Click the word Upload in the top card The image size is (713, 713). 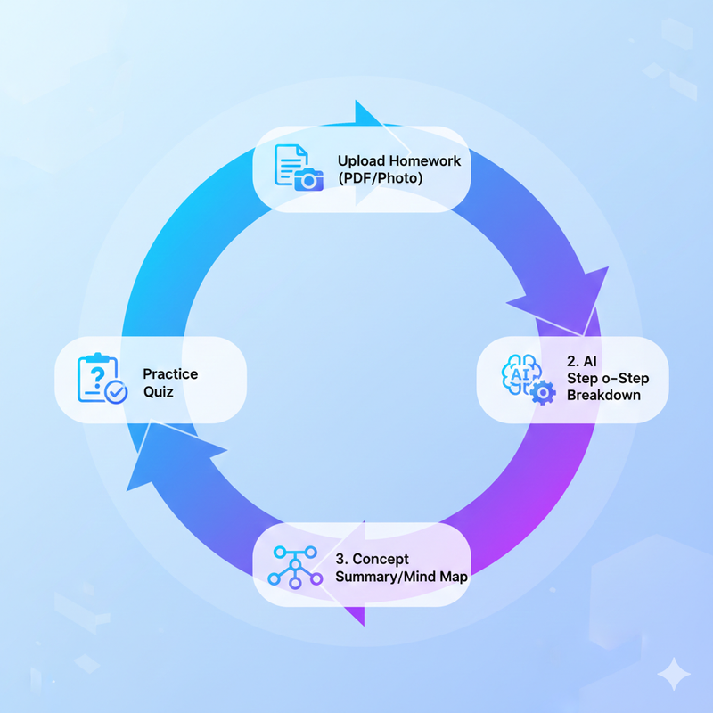pyautogui.click(x=360, y=161)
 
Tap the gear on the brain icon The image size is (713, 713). pyautogui.click(x=542, y=393)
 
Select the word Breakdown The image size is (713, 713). pyautogui.click(x=603, y=395)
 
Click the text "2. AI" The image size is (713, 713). pyautogui.click(x=583, y=362)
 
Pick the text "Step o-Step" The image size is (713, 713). pyautogui.click(x=608, y=379)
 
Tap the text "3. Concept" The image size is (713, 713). pyautogui.click(x=372, y=559)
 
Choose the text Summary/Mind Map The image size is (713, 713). pyautogui.click(x=401, y=577)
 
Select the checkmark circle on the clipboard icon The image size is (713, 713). pyautogui.click(x=116, y=391)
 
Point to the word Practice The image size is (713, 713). pyautogui.click(x=170, y=373)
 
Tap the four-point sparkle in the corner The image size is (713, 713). pyautogui.click(x=674, y=673)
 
